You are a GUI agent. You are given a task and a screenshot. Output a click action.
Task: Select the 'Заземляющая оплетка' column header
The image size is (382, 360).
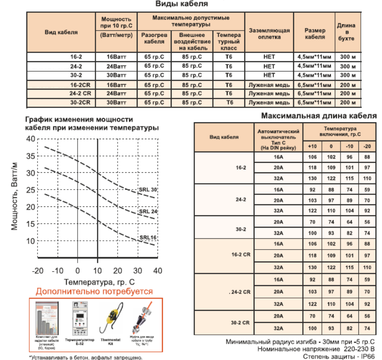pos(269,34)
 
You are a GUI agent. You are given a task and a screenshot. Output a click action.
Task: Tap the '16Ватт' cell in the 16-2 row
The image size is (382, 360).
pos(116,57)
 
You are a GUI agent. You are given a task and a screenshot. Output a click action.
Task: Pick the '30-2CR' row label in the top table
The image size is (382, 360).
pos(80,102)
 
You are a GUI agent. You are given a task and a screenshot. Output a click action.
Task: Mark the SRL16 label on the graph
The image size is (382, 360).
pos(148,238)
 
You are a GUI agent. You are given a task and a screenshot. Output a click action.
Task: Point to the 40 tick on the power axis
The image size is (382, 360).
pos(31,139)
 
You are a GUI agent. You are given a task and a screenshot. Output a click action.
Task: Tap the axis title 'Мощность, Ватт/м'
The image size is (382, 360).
pos(15,198)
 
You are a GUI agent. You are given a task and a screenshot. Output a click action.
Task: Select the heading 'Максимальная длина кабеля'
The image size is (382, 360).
pos(318,116)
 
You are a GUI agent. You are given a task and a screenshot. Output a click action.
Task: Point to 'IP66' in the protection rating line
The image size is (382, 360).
pos(367,356)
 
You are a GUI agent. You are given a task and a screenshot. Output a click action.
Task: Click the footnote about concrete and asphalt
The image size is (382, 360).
pos(86,357)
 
